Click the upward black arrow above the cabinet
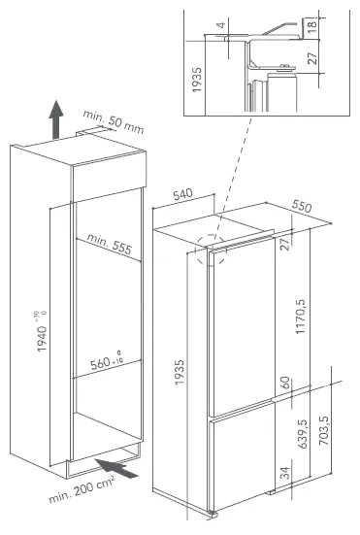tap(56, 119)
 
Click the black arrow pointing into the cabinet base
tap(115, 468)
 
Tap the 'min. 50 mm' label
tap(114, 121)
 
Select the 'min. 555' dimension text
tap(109, 244)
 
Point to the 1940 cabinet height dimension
tap(42, 332)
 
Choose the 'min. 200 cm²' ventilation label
tap(82, 490)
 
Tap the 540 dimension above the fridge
tap(183, 194)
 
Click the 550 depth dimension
tap(302, 206)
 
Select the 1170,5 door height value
tap(302, 317)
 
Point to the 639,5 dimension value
tap(303, 434)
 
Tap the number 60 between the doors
tap(285, 383)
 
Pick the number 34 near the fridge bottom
tap(285, 473)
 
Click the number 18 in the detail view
tap(312, 25)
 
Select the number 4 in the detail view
tap(221, 25)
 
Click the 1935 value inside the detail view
tap(197, 80)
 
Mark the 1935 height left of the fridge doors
tap(180, 372)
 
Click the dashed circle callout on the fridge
tap(211, 251)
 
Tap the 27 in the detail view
tap(312, 57)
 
